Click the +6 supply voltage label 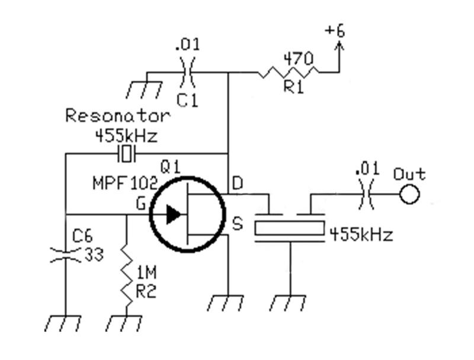[x=335, y=31]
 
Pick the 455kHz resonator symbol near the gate [x=126, y=155]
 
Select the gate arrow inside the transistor [x=174, y=214]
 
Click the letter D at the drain [x=237, y=184]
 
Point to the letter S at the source [x=237, y=224]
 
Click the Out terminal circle [x=409, y=194]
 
